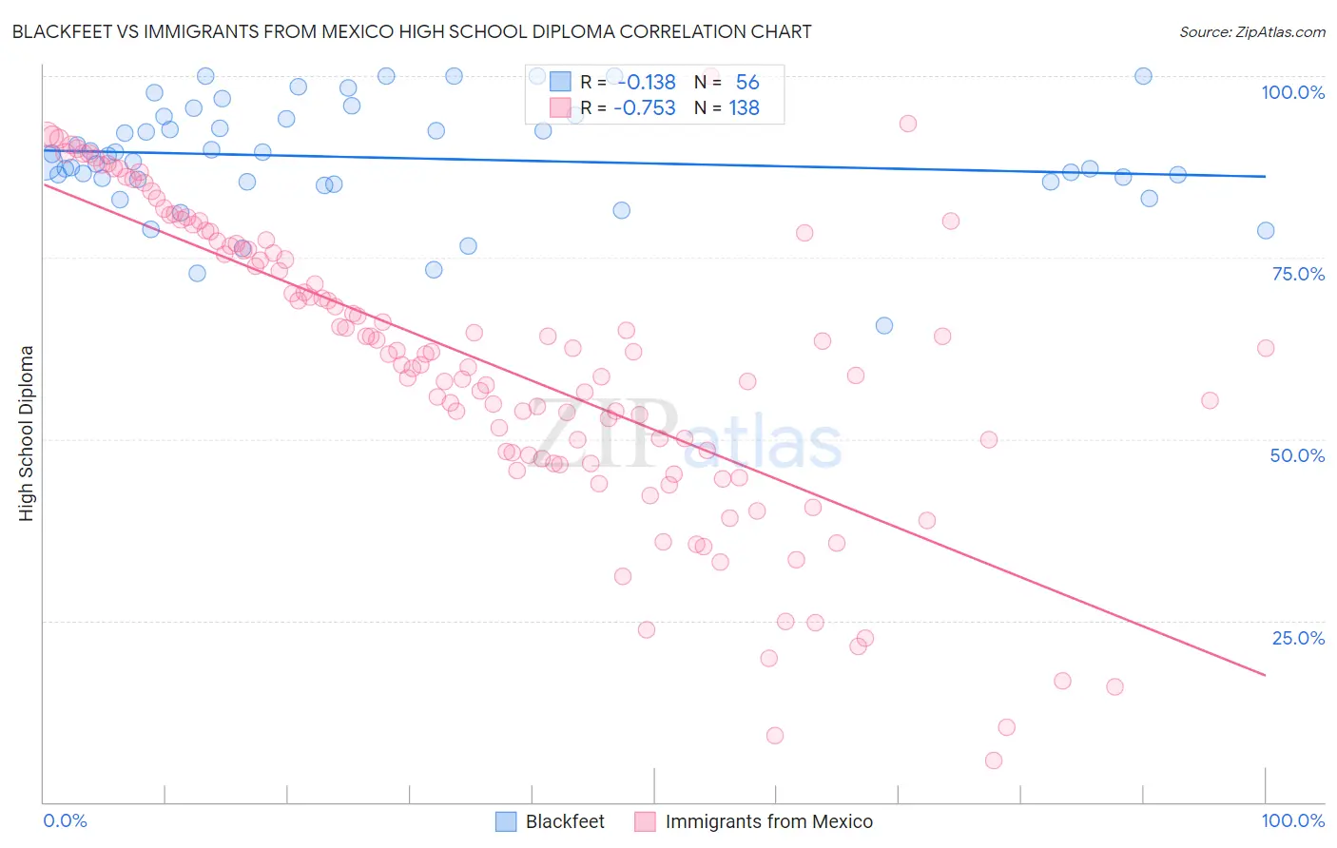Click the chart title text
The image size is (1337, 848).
point(412,31)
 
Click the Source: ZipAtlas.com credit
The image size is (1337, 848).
point(1251,31)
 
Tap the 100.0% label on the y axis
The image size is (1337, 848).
point(1292,92)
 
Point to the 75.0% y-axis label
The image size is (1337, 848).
point(1298,274)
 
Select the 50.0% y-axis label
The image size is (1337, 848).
point(1297,455)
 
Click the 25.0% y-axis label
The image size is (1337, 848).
point(1298,638)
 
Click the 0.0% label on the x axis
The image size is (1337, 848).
point(66,820)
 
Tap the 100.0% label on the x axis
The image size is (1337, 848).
point(1292,820)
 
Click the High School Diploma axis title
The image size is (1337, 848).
point(27,433)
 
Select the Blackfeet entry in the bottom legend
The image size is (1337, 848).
point(565,821)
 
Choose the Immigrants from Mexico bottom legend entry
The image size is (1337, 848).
point(768,821)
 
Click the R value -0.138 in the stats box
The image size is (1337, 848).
point(644,82)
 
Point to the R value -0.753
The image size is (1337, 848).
point(644,107)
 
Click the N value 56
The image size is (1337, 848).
point(746,82)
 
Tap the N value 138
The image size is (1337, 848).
point(744,107)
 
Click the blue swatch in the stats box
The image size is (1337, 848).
point(560,82)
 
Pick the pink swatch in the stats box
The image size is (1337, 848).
point(560,107)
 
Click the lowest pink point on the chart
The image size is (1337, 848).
point(994,761)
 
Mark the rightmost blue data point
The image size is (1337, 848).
point(1266,230)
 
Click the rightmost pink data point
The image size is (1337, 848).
point(1266,348)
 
